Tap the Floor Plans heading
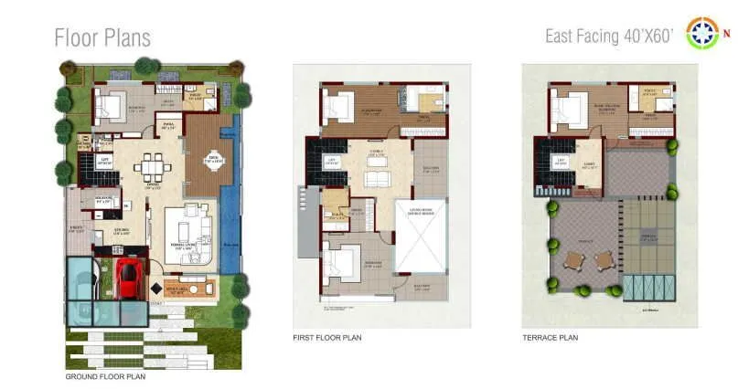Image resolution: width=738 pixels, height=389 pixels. tap(102, 37)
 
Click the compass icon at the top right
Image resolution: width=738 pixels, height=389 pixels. tap(701, 34)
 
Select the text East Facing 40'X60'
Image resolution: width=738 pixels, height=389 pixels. tap(609, 37)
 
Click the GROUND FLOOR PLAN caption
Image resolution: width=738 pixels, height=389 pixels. tap(105, 376)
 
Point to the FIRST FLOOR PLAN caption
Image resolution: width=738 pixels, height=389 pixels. tap(326, 338)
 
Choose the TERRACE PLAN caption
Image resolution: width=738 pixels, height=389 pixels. tap(550, 338)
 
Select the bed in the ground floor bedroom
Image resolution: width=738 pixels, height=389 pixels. tap(111, 107)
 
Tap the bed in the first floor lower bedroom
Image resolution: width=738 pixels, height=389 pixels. tap(337, 266)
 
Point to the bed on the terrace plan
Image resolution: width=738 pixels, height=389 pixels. tap(566, 112)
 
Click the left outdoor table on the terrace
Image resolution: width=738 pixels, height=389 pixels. tap(573, 260)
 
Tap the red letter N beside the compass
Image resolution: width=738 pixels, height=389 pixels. tap(728, 35)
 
